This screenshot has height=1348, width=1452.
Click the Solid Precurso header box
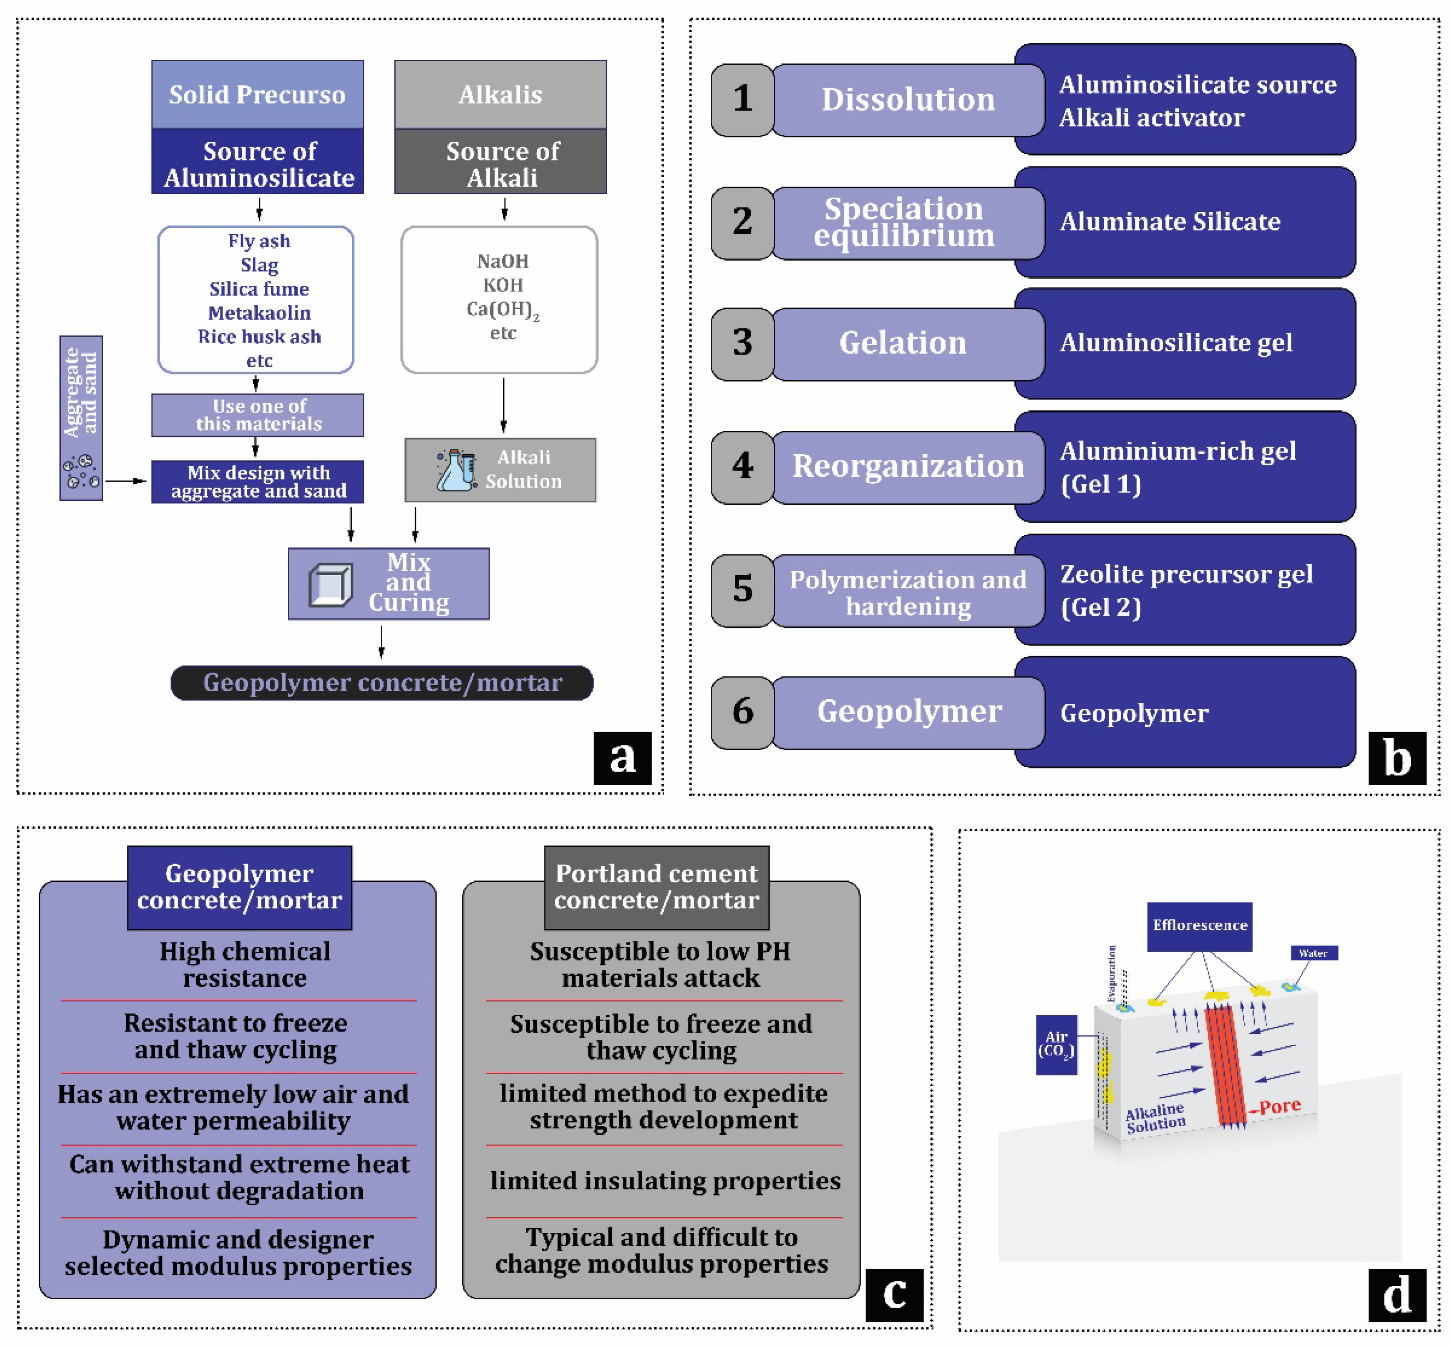point(257,95)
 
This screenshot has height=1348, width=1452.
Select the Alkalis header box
point(500,95)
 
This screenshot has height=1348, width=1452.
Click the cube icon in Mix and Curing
point(330,584)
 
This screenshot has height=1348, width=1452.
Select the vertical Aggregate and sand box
point(81,418)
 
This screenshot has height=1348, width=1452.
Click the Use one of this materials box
point(257,415)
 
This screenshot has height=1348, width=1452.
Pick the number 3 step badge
point(742,343)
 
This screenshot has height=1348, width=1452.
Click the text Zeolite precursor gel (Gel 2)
point(1186,590)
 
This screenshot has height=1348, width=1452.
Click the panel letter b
point(1397,759)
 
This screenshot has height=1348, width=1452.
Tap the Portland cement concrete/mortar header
point(656,887)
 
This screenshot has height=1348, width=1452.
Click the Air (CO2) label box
point(1056,1044)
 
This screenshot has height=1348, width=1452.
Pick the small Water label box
point(1313,953)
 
